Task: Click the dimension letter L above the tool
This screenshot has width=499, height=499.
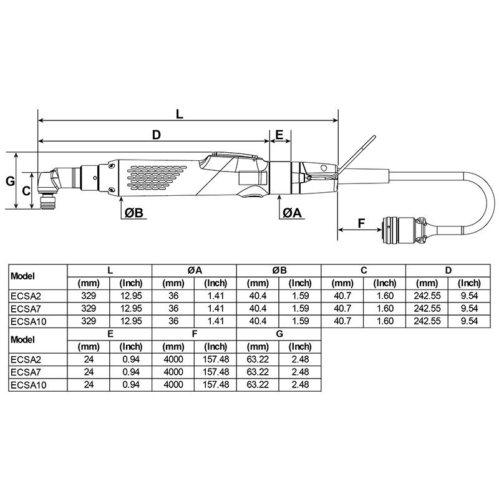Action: (x=180, y=114)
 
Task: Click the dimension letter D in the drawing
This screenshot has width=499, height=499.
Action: (x=157, y=135)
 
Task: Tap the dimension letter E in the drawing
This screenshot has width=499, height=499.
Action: (x=279, y=135)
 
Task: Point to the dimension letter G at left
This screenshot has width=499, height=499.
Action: (x=10, y=181)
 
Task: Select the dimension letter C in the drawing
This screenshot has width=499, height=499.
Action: (x=26, y=191)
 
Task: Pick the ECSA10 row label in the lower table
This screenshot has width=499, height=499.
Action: (x=27, y=385)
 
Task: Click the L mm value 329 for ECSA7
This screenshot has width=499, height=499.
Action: (x=89, y=309)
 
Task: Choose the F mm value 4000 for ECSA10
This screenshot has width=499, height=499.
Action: (x=173, y=385)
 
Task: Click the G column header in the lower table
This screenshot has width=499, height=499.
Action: (x=279, y=334)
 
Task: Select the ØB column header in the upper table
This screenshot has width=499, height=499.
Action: (x=279, y=269)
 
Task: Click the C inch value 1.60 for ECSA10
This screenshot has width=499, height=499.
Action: (x=385, y=321)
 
